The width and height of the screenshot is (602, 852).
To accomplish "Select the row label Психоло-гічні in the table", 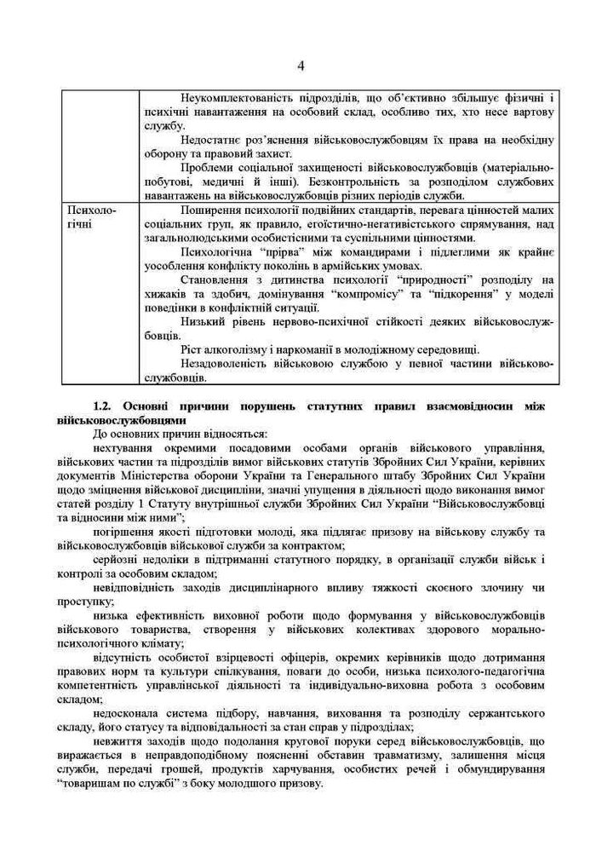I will click(x=90, y=216).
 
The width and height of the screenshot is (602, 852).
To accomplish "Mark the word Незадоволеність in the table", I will click(x=226, y=364).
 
